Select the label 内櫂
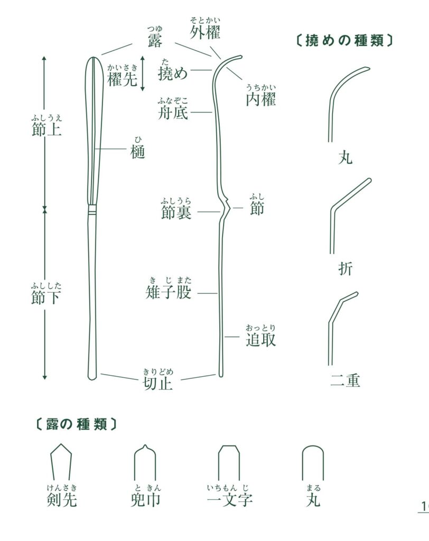pyautogui.click(x=260, y=99)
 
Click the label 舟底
pyautogui.click(x=173, y=112)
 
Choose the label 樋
pyautogui.click(x=138, y=152)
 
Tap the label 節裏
pyautogui.click(x=176, y=212)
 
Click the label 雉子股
pyautogui.click(x=168, y=292)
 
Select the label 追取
pyautogui.click(x=260, y=340)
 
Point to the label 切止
pyautogui.click(x=158, y=383)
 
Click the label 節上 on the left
pyautogui.click(x=46, y=130)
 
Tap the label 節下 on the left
pyautogui.click(x=46, y=297)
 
